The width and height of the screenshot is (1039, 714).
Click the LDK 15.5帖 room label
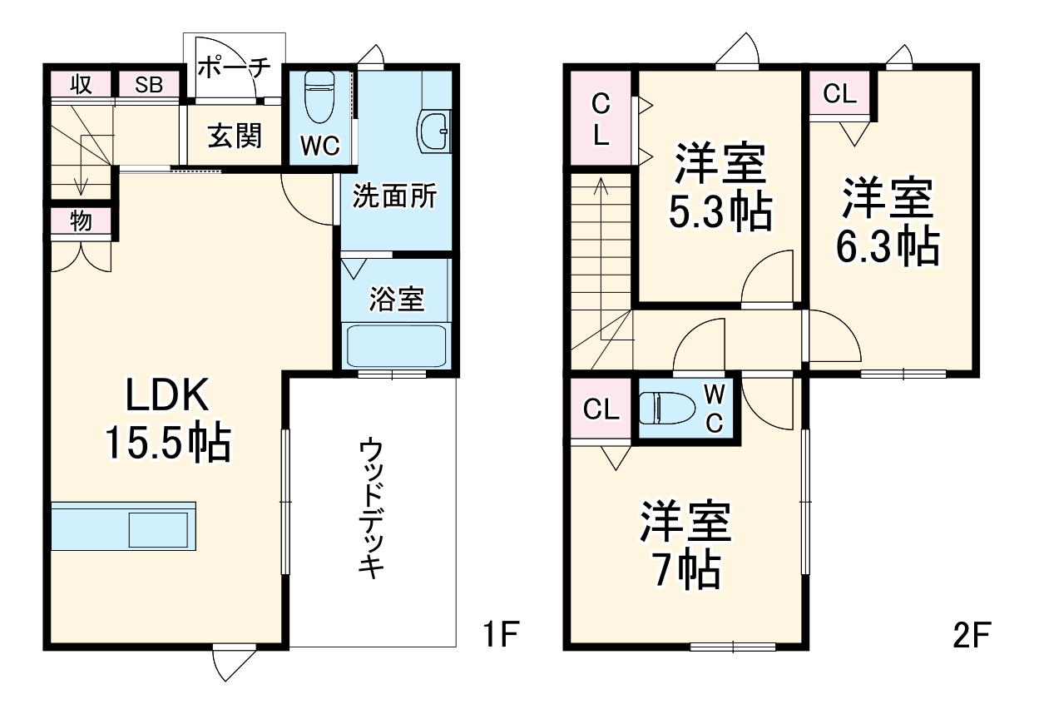click(166, 420)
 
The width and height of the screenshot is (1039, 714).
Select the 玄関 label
click(234, 135)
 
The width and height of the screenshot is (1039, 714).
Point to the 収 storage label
click(80, 85)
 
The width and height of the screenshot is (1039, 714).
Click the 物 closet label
click(80, 221)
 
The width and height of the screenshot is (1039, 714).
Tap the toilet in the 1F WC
click(319, 97)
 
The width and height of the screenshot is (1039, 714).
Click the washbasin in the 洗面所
click(434, 131)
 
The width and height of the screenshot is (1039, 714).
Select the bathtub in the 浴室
click(397, 346)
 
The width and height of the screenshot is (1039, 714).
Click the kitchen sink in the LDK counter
click(157, 529)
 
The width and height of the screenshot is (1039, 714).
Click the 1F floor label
click(501, 637)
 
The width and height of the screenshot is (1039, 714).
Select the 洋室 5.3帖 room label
click(720, 187)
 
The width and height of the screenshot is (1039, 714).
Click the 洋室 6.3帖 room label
click(888, 221)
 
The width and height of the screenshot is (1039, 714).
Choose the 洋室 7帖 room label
click(685, 545)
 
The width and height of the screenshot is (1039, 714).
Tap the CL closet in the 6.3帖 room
click(839, 94)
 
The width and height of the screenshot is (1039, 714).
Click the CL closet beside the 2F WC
click(600, 409)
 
